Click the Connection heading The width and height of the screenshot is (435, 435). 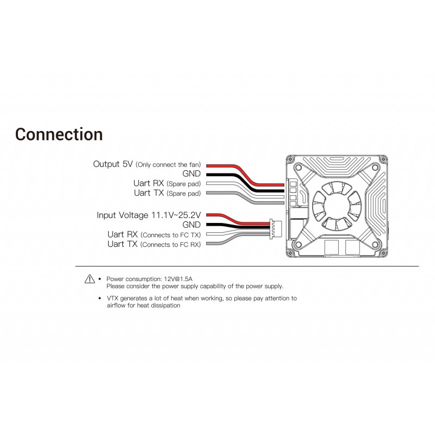point(59,134)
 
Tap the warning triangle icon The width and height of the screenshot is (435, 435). point(90,279)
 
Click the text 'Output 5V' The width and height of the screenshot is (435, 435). point(113,164)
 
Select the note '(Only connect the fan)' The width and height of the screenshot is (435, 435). point(168,165)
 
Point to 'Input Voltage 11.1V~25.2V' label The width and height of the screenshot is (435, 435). point(148,215)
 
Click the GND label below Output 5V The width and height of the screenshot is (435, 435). point(191,173)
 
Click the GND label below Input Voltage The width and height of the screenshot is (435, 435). point(191,225)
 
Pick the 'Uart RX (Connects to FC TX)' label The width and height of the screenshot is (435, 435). point(154,235)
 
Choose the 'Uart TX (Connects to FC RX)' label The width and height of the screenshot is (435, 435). point(154,244)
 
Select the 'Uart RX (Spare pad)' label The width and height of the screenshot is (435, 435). point(167,183)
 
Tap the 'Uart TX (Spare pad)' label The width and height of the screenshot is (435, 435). point(167,193)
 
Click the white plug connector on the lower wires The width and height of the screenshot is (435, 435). point(276,229)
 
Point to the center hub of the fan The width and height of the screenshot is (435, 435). point(337,206)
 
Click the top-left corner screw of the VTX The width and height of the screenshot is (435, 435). point(290,159)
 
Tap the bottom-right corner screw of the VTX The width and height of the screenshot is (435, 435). point(383,253)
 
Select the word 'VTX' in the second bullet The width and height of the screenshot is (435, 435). point(113,299)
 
